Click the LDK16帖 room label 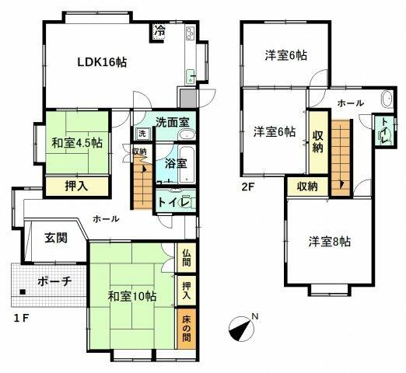point(102,62)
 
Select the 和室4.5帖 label point(77,143)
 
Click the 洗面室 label point(173,122)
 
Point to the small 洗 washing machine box point(142,134)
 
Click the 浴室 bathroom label point(176,164)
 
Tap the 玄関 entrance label point(56,238)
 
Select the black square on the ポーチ point(23,292)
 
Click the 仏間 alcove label point(187,258)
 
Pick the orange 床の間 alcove point(187,328)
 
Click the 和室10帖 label point(132,296)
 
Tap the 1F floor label point(21,318)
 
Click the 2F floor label point(247,186)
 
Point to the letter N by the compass point(255,316)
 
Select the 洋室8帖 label point(330,242)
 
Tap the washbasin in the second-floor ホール point(387,99)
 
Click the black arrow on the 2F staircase point(341,184)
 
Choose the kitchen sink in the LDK point(191,77)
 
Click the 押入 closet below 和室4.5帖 point(77,186)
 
